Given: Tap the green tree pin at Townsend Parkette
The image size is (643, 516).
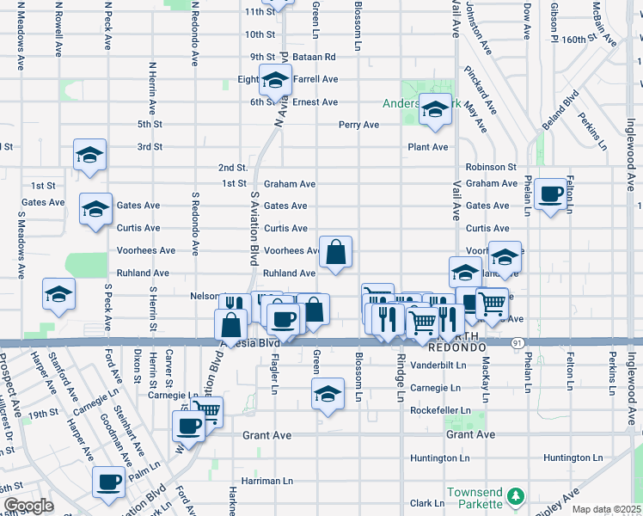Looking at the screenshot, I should tap(515, 496).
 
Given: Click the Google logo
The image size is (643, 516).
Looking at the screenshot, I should tap(28, 506).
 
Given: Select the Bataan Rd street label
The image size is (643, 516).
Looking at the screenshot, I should tap(317, 57).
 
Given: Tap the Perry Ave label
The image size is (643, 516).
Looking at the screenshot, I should tap(358, 125).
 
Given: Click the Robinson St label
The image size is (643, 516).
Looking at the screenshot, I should tap(491, 167).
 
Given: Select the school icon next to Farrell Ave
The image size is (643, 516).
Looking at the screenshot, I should tap(275, 81).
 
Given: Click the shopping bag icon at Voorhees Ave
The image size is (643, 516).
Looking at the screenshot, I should tap(336, 252).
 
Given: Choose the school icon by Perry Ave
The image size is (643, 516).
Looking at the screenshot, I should tap(435, 109).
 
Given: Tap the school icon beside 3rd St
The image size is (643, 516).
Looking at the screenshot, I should tap(89, 155).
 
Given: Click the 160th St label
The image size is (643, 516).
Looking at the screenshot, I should tap(591, 40).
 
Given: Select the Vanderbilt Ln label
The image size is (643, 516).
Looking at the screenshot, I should tap(438, 365).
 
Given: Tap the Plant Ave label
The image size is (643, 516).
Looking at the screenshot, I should tap(427, 147).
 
